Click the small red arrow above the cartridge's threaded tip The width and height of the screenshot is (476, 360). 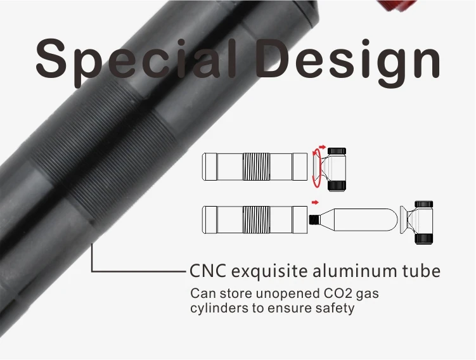click(x=314, y=203)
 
